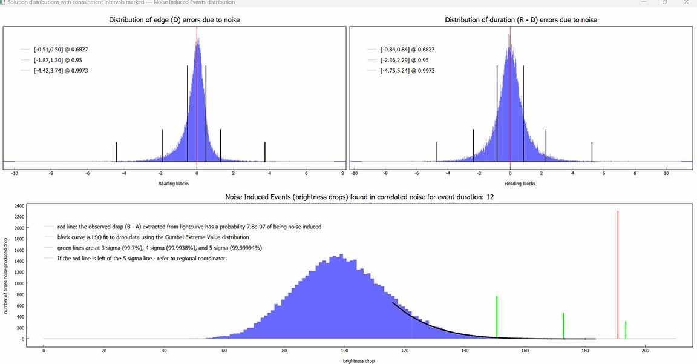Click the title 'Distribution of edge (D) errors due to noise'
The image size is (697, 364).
(x=174, y=20)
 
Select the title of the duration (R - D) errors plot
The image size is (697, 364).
(x=520, y=20)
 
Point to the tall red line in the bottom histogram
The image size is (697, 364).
(x=618, y=273)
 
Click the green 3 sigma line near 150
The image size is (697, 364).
(x=497, y=315)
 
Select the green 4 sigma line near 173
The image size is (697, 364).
(x=563, y=325)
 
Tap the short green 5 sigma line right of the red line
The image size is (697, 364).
(x=626, y=329)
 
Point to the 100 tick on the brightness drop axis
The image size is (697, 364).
(x=344, y=350)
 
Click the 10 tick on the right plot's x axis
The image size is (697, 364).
(x=666, y=173)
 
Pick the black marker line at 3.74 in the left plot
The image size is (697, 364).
(x=265, y=151)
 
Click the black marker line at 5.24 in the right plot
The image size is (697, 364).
(x=592, y=151)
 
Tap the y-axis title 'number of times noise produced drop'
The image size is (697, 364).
(x=6, y=273)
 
